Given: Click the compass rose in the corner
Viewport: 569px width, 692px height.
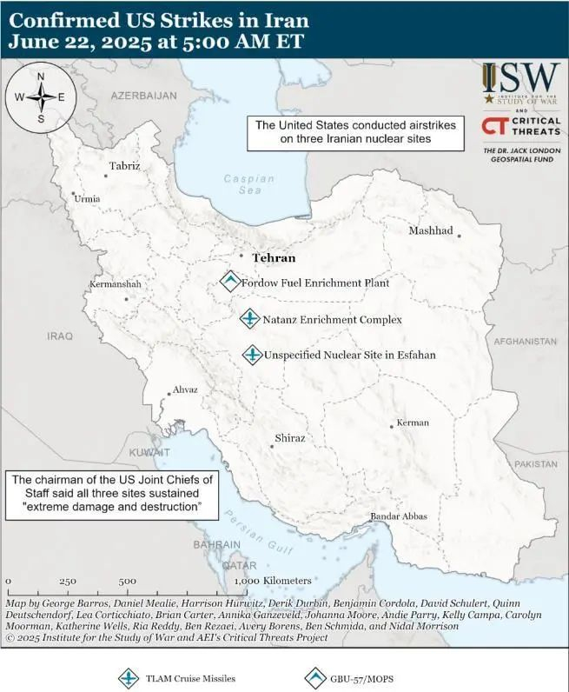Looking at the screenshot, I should tap(40, 96).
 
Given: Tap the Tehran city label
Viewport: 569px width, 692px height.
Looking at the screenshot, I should tap(274, 258).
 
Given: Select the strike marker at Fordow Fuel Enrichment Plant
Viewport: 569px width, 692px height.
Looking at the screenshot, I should tap(230, 282).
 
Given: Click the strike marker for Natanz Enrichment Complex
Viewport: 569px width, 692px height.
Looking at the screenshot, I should tap(249, 319).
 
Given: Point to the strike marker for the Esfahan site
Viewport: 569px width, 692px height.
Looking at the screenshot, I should tap(252, 355).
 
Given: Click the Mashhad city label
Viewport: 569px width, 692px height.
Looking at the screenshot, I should tap(431, 230).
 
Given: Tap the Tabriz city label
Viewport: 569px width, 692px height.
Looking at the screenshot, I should tap(124, 165).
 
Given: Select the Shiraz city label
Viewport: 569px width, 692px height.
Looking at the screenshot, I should tap(289, 438).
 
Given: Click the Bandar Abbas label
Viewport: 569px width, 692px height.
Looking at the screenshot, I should tap(399, 516).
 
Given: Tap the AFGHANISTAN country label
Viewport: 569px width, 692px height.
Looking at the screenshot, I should tap(524, 342).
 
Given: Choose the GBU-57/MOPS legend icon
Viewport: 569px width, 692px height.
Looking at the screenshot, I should tap(316, 678).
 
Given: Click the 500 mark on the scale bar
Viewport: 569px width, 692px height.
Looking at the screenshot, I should tap(127, 581).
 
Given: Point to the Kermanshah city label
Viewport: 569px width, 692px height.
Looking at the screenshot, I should tap(115, 284).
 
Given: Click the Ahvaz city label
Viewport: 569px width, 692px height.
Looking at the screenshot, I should tap(186, 390).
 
